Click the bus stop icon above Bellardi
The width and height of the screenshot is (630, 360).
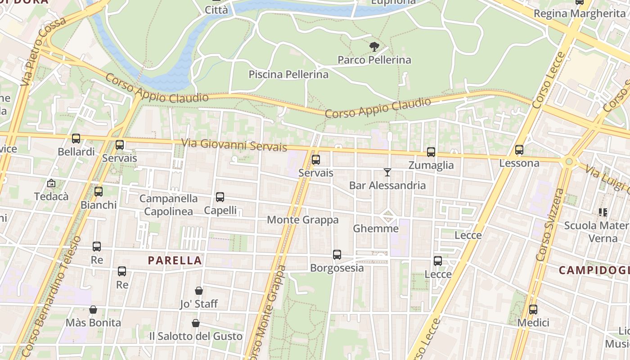coord(76,139)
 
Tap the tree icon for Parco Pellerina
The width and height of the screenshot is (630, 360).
coord(374,46)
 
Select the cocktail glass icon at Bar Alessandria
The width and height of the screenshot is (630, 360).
coord(387,172)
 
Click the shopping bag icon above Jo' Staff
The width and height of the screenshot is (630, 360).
coord(198,291)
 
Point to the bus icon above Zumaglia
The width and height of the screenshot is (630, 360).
coord(431,152)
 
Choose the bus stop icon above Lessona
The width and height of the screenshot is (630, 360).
coord(519,150)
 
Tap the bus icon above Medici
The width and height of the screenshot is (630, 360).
coord(533,310)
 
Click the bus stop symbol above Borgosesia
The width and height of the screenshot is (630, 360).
coord(337,255)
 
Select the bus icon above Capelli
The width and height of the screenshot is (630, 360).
coord(220,197)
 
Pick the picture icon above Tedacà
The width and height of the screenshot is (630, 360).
coord(51,183)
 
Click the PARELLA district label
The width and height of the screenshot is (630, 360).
coord(175,260)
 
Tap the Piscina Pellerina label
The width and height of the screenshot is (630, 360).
coord(288,74)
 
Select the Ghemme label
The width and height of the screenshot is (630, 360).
coord(376,229)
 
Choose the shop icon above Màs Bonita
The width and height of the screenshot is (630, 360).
coord(93,310)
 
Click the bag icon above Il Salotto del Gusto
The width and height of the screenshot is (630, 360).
coord(196,323)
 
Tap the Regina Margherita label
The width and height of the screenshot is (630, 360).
coord(580,13)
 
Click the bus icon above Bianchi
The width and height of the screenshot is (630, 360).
coord(99,192)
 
